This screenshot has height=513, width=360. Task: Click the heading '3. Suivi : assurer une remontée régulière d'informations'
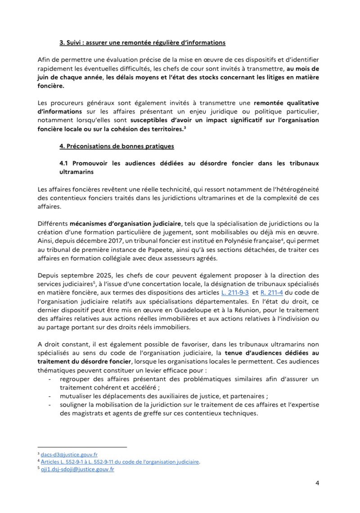(x=142, y=43)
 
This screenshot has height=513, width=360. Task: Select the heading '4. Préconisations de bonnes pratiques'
(x=117, y=146)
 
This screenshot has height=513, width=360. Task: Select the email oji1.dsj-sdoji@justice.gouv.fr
(x=77, y=469)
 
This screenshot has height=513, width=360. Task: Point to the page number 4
(x=317, y=484)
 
